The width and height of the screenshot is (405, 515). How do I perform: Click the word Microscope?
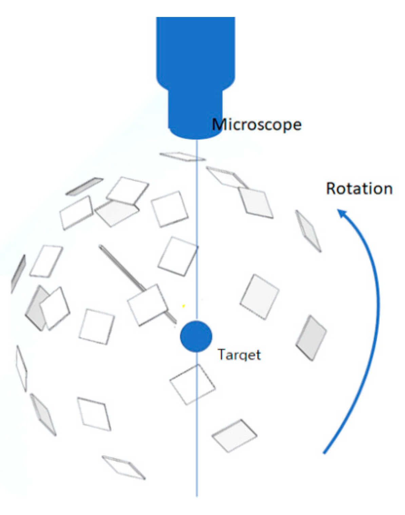pyautogui.click(x=257, y=125)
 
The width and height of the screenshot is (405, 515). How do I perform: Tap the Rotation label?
pyautogui.click(x=359, y=188)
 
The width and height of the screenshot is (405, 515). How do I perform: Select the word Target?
pyautogui.click(x=239, y=355)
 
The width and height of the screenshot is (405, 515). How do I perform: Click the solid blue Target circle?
pyautogui.click(x=196, y=336)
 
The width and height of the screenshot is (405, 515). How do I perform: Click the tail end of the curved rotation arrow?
pyautogui.click(x=324, y=452)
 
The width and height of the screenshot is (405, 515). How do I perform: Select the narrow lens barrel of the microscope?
pyautogui.click(x=195, y=112)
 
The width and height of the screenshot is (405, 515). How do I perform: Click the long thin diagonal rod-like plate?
pyautogui.click(x=122, y=268)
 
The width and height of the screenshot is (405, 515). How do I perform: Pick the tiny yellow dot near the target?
pyautogui.click(x=184, y=306)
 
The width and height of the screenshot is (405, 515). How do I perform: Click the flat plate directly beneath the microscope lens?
pyautogui.click(x=182, y=156)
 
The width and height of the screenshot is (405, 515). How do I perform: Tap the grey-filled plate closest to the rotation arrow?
pyautogui.click(x=311, y=338)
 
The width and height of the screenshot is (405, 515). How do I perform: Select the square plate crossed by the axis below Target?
pyautogui.click(x=192, y=384)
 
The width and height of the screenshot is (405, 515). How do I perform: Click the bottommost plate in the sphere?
pyautogui.click(x=124, y=467)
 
